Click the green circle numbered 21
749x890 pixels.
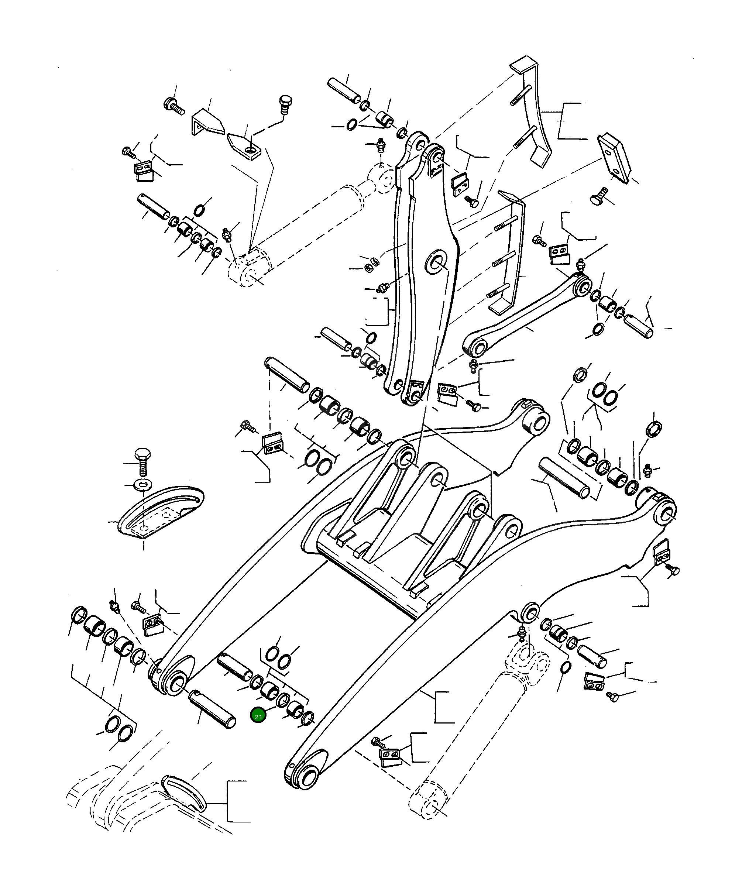click(x=258, y=715)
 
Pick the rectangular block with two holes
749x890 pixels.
click(x=614, y=158)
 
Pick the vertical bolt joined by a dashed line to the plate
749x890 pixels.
click(x=285, y=104)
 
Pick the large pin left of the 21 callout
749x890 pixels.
click(x=212, y=709)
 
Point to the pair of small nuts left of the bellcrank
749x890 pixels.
click(x=371, y=264)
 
